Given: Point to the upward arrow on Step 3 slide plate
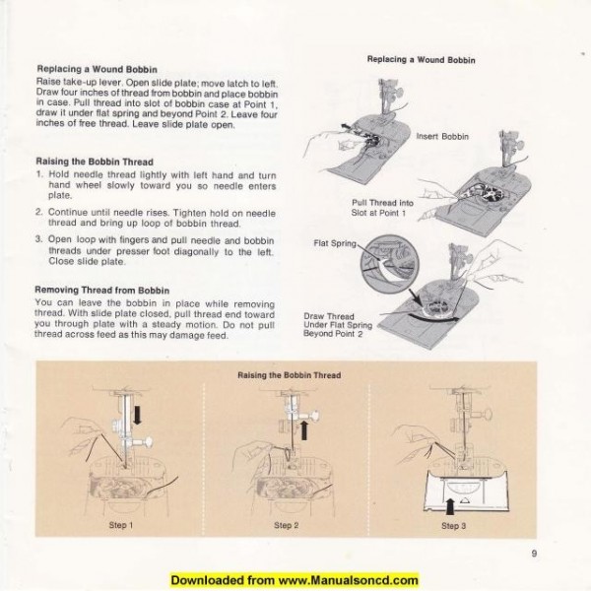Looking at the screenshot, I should coord(452,501).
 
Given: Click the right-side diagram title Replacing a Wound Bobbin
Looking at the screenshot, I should coord(422,59).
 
